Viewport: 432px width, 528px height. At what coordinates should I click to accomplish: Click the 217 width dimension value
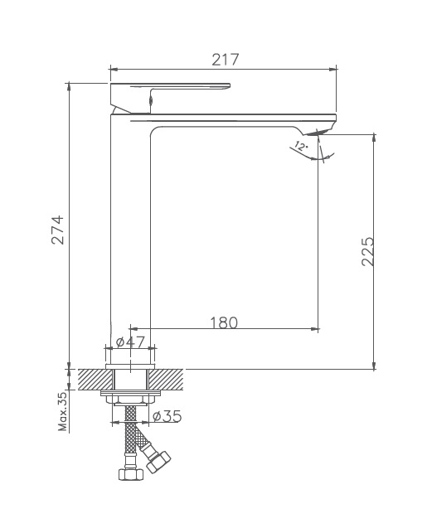click(x=224, y=60)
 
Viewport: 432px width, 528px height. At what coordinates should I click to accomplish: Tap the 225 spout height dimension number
click(x=368, y=251)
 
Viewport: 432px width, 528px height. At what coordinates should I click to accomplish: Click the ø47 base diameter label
click(x=130, y=342)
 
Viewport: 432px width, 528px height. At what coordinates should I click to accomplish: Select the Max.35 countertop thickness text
click(x=63, y=412)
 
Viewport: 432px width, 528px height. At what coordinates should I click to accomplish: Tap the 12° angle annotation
click(x=300, y=146)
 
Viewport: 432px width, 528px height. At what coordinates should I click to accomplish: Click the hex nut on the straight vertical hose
click(x=129, y=475)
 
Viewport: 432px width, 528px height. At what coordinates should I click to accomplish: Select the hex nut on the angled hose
click(x=158, y=460)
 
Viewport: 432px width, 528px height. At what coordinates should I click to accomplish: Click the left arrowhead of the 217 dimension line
click(x=114, y=70)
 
